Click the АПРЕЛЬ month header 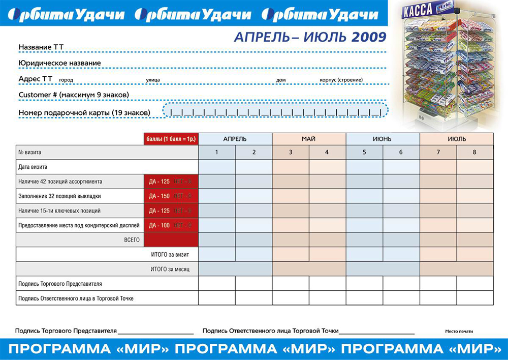pyautogui.click(x=235, y=139)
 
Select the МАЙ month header pyautogui.click(x=309, y=139)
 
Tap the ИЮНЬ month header pyautogui.click(x=383, y=139)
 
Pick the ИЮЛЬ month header pyautogui.click(x=457, y=139)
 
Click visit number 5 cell pyautogui.click(x=364, y=152)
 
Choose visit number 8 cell pyautogui.click(x=475, y=152)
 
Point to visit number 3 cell pyautogui.click(x=291, y=152)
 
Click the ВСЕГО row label pyautogui.click(x=132, y=239)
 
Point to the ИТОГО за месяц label pyautogui.click(x=170, y=269)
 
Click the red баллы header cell pyautogui.click(x=171, y=139)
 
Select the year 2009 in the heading pyautogui.click(x=369, y=37)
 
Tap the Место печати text pyautogui.click(x=459, y=331)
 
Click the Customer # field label pyautogui.click(x=74, y=95)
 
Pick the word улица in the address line pyautogui.click(x=153, y=80)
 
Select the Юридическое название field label pyautogui.click(x=59, y=63)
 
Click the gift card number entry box pyautogui.click(x=275, y=111)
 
